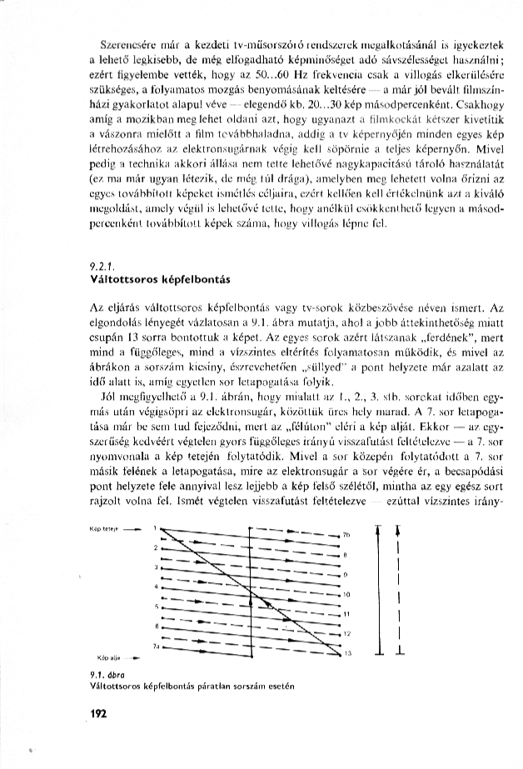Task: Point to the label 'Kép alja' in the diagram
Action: (110, 657)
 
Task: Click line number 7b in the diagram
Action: (348, 534)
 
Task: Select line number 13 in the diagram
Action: (348, 654)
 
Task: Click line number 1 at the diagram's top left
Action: (155, 527)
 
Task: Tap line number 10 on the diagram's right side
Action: (347, 594)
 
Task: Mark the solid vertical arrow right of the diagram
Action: (379, 587)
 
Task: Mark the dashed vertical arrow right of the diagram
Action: (401, 587)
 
